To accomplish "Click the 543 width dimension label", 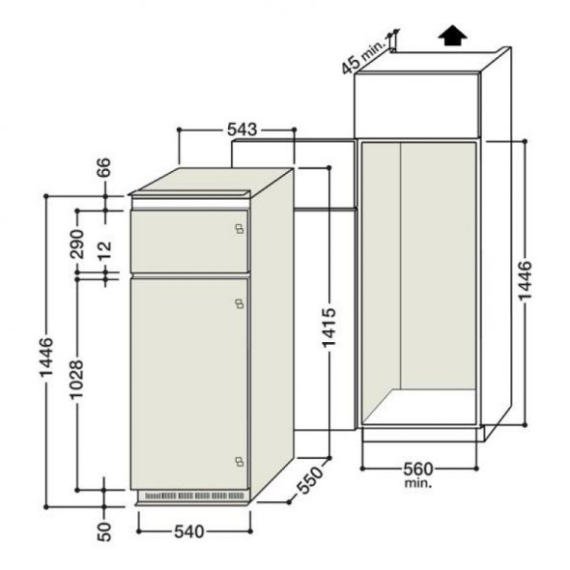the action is coord(242,129).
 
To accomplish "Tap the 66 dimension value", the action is coord(105,167).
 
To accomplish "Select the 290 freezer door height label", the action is coord(76,243).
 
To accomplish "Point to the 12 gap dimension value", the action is coord(105,250).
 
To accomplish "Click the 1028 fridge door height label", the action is coord(76,379).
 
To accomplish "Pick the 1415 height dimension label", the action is coord(329,328).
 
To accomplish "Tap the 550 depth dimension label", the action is coord(309,479).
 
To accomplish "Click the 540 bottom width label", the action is coord(189,531).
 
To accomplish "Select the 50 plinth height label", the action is coord(105,531).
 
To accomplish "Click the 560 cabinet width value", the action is coord(418,469).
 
